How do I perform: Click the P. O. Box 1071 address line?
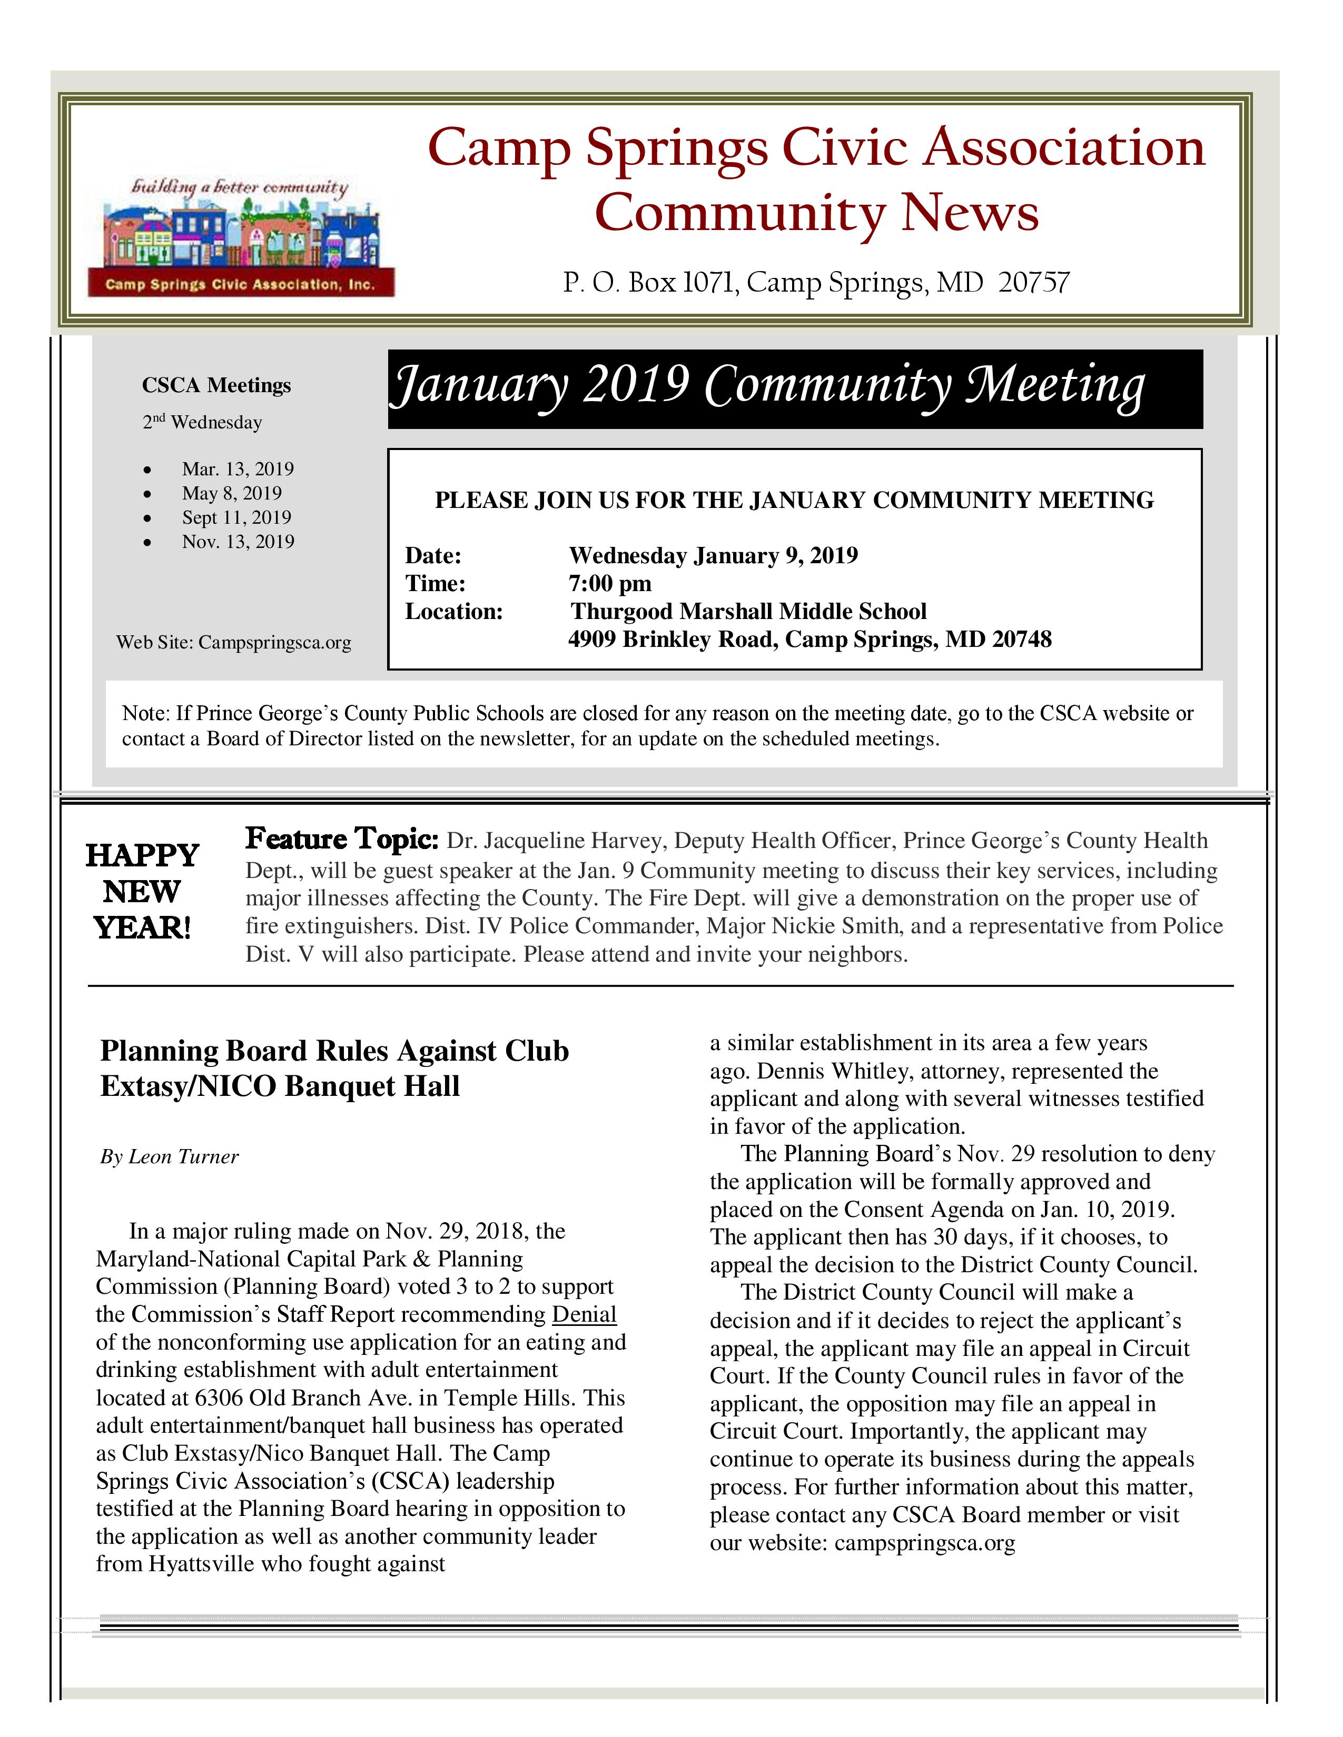point(815,282)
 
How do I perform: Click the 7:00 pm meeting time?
point(609,583)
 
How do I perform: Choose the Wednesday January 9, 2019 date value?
point(713,555)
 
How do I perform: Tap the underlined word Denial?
point(584,1314)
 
